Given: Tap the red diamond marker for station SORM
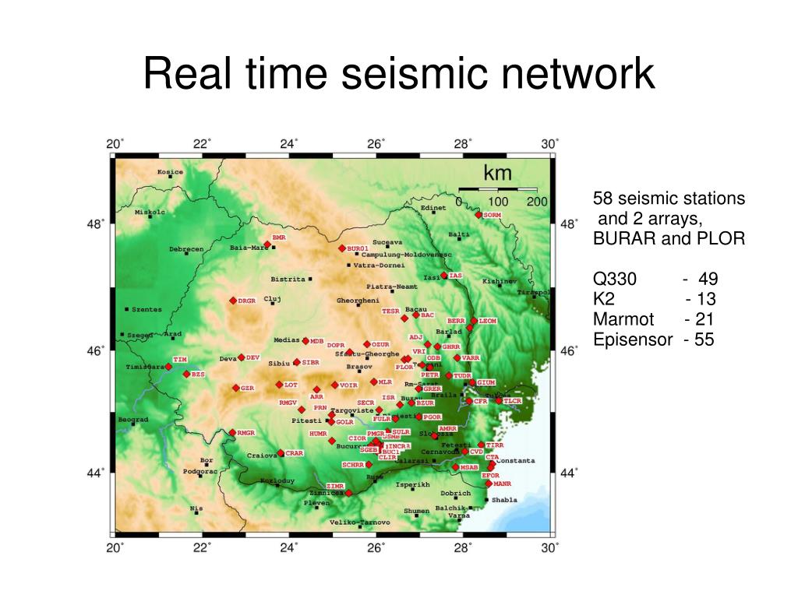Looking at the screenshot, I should (x=478, y=214).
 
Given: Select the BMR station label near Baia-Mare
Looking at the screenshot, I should (x=279, y=237).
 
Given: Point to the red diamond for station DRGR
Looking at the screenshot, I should (x=232, y=301).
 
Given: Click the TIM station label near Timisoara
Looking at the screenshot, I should (x=180, y=359).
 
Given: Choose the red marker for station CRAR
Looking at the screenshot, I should (x=281, y=453).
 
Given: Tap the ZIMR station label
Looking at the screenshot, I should (x=335, y=486).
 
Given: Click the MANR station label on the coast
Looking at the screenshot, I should (x=502, y=484).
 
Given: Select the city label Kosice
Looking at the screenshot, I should (x=170, y=172).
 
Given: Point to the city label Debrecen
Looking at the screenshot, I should (x=186, y=249).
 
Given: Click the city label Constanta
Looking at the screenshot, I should (x=516, y=460).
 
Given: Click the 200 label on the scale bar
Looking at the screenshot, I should (x=537, y=202).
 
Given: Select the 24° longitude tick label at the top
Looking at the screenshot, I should (x=289, y=144).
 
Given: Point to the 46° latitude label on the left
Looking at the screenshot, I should (x=95, y=351).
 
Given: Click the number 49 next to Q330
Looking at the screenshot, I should (x=708, y=279).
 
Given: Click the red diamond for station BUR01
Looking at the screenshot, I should (x=341, y=248).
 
